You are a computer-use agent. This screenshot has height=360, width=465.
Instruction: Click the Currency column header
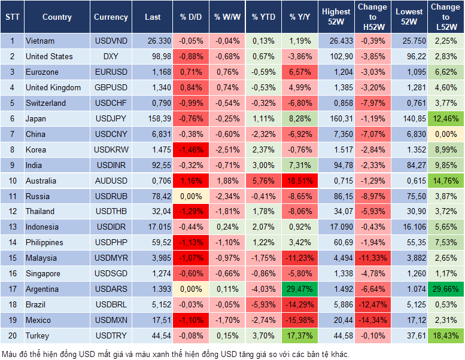(111, 17)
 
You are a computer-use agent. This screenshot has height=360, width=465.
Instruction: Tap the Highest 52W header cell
(336, 17)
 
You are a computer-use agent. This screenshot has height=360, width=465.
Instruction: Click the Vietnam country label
(40, 41)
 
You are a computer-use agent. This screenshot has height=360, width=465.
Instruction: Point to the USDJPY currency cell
(111, 118)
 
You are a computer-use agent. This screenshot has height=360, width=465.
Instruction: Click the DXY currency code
(111, 57)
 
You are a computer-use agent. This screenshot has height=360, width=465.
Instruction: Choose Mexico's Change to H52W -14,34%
(372, 320)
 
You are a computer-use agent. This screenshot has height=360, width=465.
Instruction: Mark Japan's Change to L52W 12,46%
(446, 118)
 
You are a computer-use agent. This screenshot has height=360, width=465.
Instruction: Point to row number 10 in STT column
(12, 181)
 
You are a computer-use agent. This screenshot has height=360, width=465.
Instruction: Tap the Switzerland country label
(45, 103)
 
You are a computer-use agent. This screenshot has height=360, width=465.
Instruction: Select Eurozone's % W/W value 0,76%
(227, 72)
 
